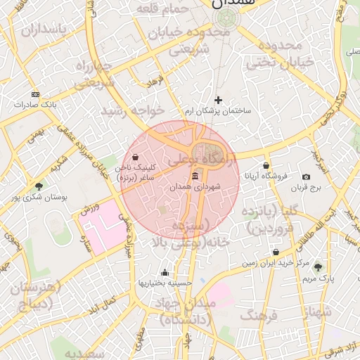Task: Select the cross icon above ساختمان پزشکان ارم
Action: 218,101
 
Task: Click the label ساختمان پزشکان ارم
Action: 218,111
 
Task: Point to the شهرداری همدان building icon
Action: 195,176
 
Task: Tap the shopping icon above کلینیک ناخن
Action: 134,157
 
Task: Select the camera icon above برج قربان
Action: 306,177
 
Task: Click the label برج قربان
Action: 307,188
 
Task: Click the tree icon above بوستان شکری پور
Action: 39,186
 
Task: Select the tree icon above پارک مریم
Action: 318,267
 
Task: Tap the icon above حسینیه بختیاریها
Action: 165,272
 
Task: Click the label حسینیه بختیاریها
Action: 165,283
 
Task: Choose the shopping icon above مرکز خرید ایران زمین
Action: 276,252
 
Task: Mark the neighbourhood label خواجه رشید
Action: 132,111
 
